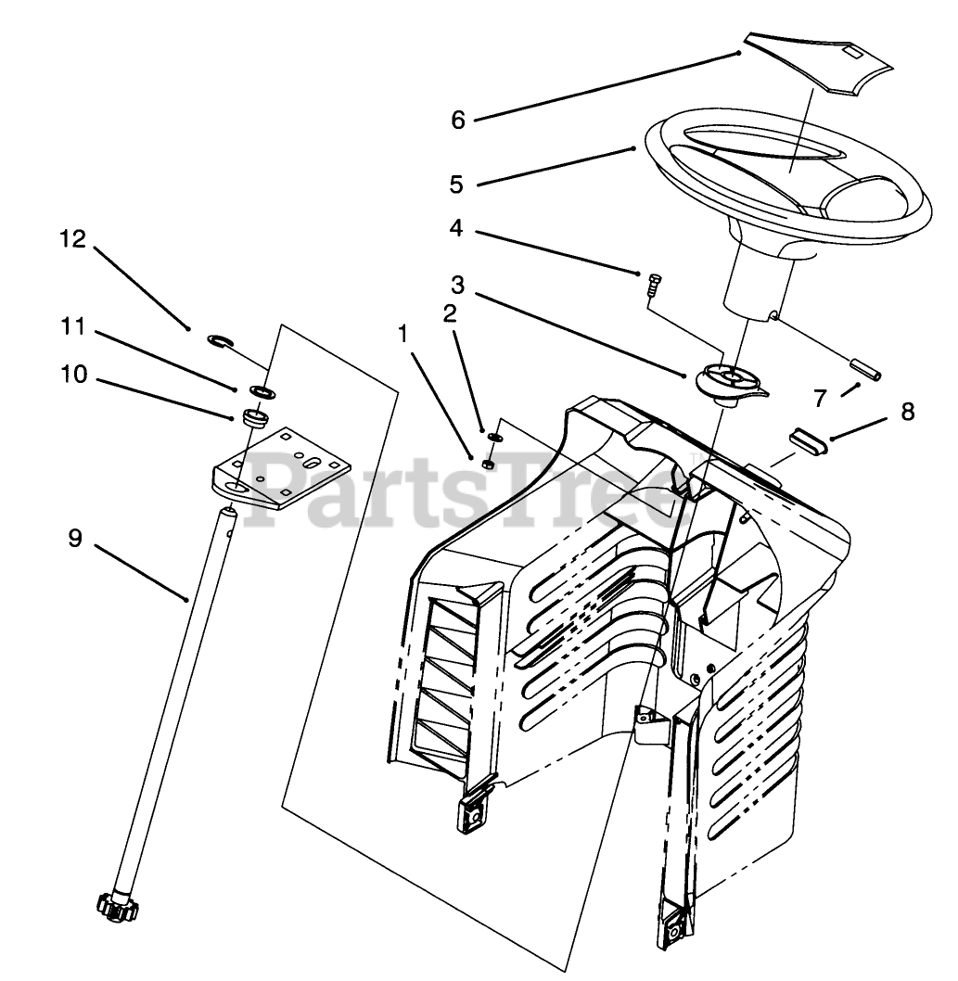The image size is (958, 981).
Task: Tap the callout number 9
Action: click(x=75, y=538)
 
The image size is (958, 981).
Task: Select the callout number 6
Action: click(x=457, y=120)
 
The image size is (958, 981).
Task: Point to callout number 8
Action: click(x=906, y=412)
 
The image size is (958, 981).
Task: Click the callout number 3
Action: click(x=457, y=282)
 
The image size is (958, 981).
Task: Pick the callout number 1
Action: click(x=403, y=334)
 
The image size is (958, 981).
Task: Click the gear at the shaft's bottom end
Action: click(x=114, y=908)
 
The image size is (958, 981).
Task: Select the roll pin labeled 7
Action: click(x=865, y=368)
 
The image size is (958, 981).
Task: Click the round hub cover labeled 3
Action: click(x=730, y=380)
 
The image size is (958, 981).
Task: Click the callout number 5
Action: click(x=456, y=184)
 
